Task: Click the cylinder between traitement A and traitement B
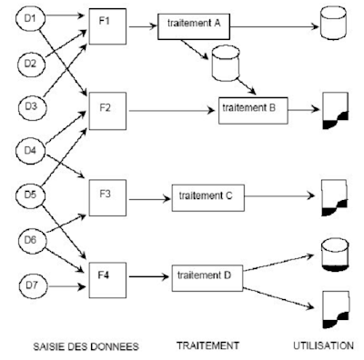pyautogui.click(x=223, y=66)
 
